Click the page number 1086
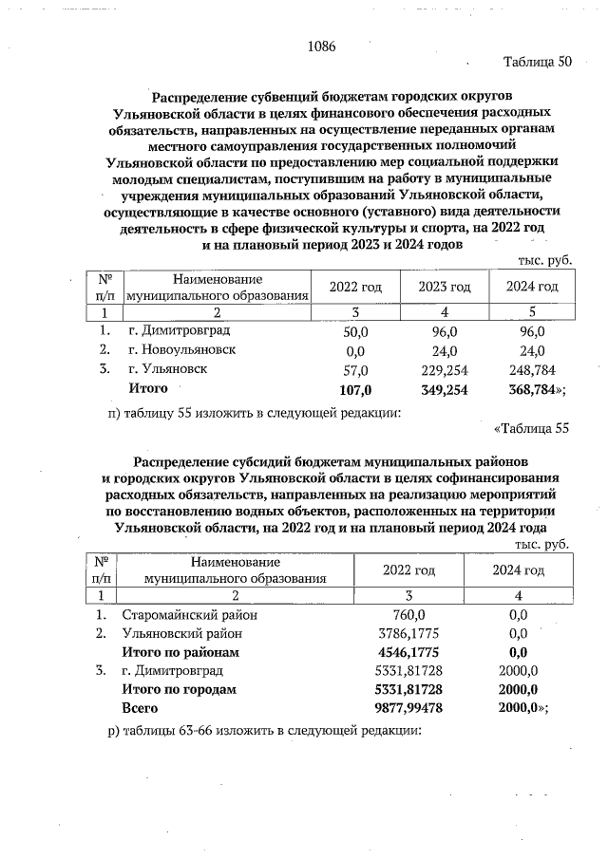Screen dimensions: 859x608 [x=323, y=46]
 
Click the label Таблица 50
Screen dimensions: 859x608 [x=537, y=63]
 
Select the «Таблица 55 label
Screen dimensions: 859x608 [x=532, y=428]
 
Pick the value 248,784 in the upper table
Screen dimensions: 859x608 [x=532, y=370]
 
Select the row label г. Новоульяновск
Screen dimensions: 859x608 [x=181, y=350]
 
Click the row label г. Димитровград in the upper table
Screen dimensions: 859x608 [x=179, y=331]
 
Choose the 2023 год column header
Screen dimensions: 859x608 [x=445, y=288]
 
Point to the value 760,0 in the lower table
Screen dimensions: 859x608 [x=408, y=614]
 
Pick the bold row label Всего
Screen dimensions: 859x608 [x=140, y=709]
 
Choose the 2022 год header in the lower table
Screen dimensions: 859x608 [x=408, y=570]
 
